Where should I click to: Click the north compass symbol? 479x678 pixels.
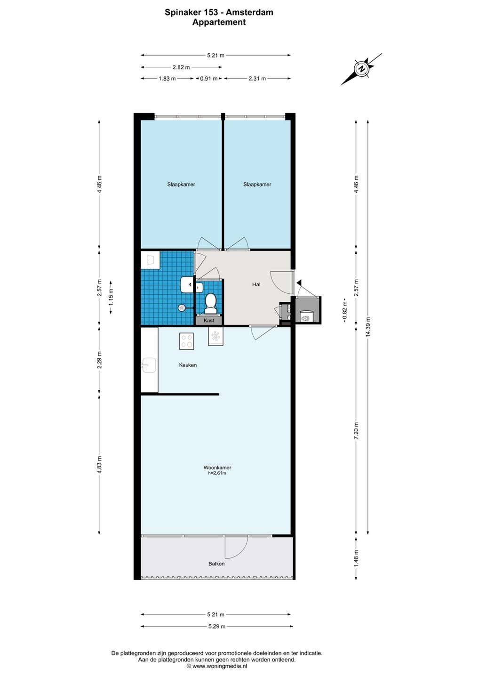point(361,69)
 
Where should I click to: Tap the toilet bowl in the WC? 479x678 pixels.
point(210,304)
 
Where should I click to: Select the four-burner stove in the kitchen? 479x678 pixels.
point(187,341)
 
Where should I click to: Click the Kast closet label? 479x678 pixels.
point(209,321)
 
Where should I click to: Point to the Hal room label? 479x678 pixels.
point(256,284)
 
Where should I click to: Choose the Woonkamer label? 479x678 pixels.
point(217,468)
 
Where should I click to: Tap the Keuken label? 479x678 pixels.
point(188,365)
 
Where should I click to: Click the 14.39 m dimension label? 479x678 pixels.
point(367,327)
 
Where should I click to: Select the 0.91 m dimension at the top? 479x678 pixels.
point(208,79)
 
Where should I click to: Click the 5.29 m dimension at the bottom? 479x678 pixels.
point(216,627)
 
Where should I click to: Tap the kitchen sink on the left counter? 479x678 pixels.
point(149,365)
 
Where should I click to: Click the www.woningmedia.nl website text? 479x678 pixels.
point(220,666)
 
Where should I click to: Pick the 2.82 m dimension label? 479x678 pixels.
point(181,67)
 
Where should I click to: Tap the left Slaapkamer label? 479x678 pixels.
point(181,185)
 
